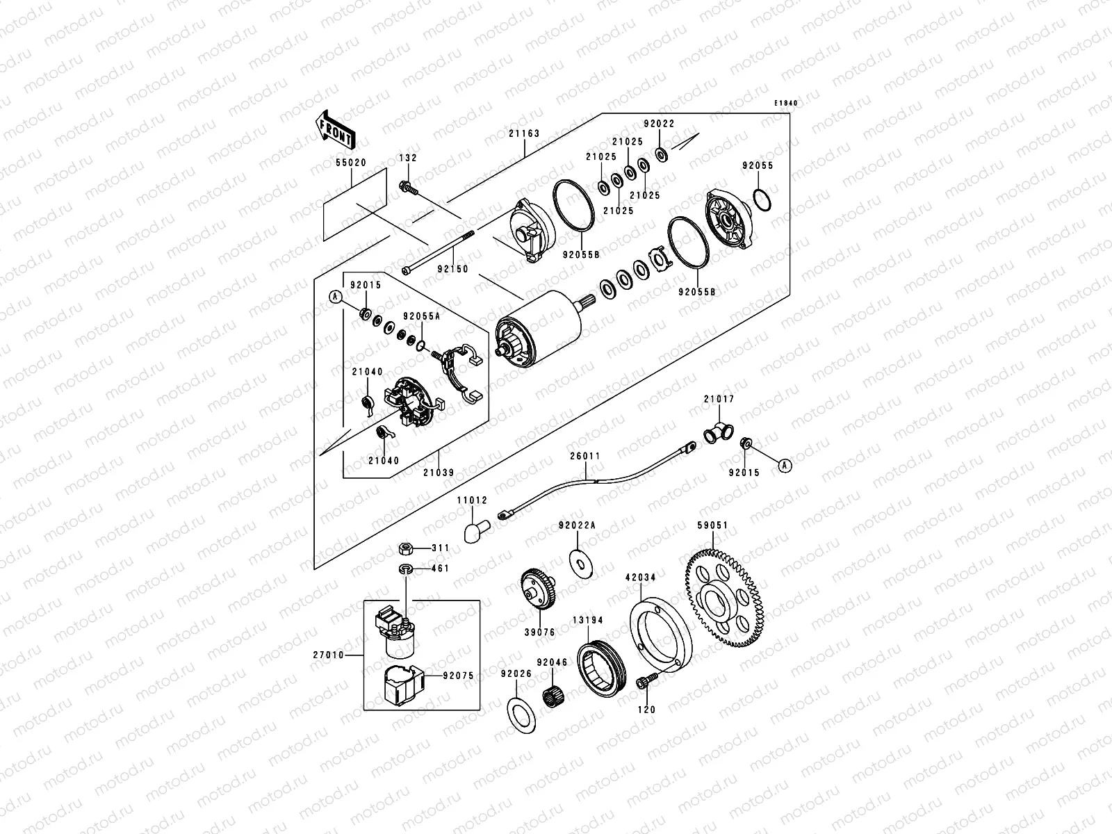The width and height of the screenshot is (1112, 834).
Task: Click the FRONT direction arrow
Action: click(335, 130)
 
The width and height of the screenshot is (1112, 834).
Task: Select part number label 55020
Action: click(351, 163)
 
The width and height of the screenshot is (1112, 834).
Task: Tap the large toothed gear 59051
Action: click(724, 598)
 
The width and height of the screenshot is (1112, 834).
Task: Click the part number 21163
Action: click(524, 133)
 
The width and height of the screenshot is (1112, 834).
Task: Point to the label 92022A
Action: click(577, 525)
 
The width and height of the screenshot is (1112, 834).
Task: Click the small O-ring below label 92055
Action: click(762, 200)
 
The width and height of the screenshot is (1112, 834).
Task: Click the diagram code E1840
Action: click(786, 104)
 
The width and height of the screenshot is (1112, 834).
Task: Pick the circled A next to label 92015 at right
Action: click(785, 466)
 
